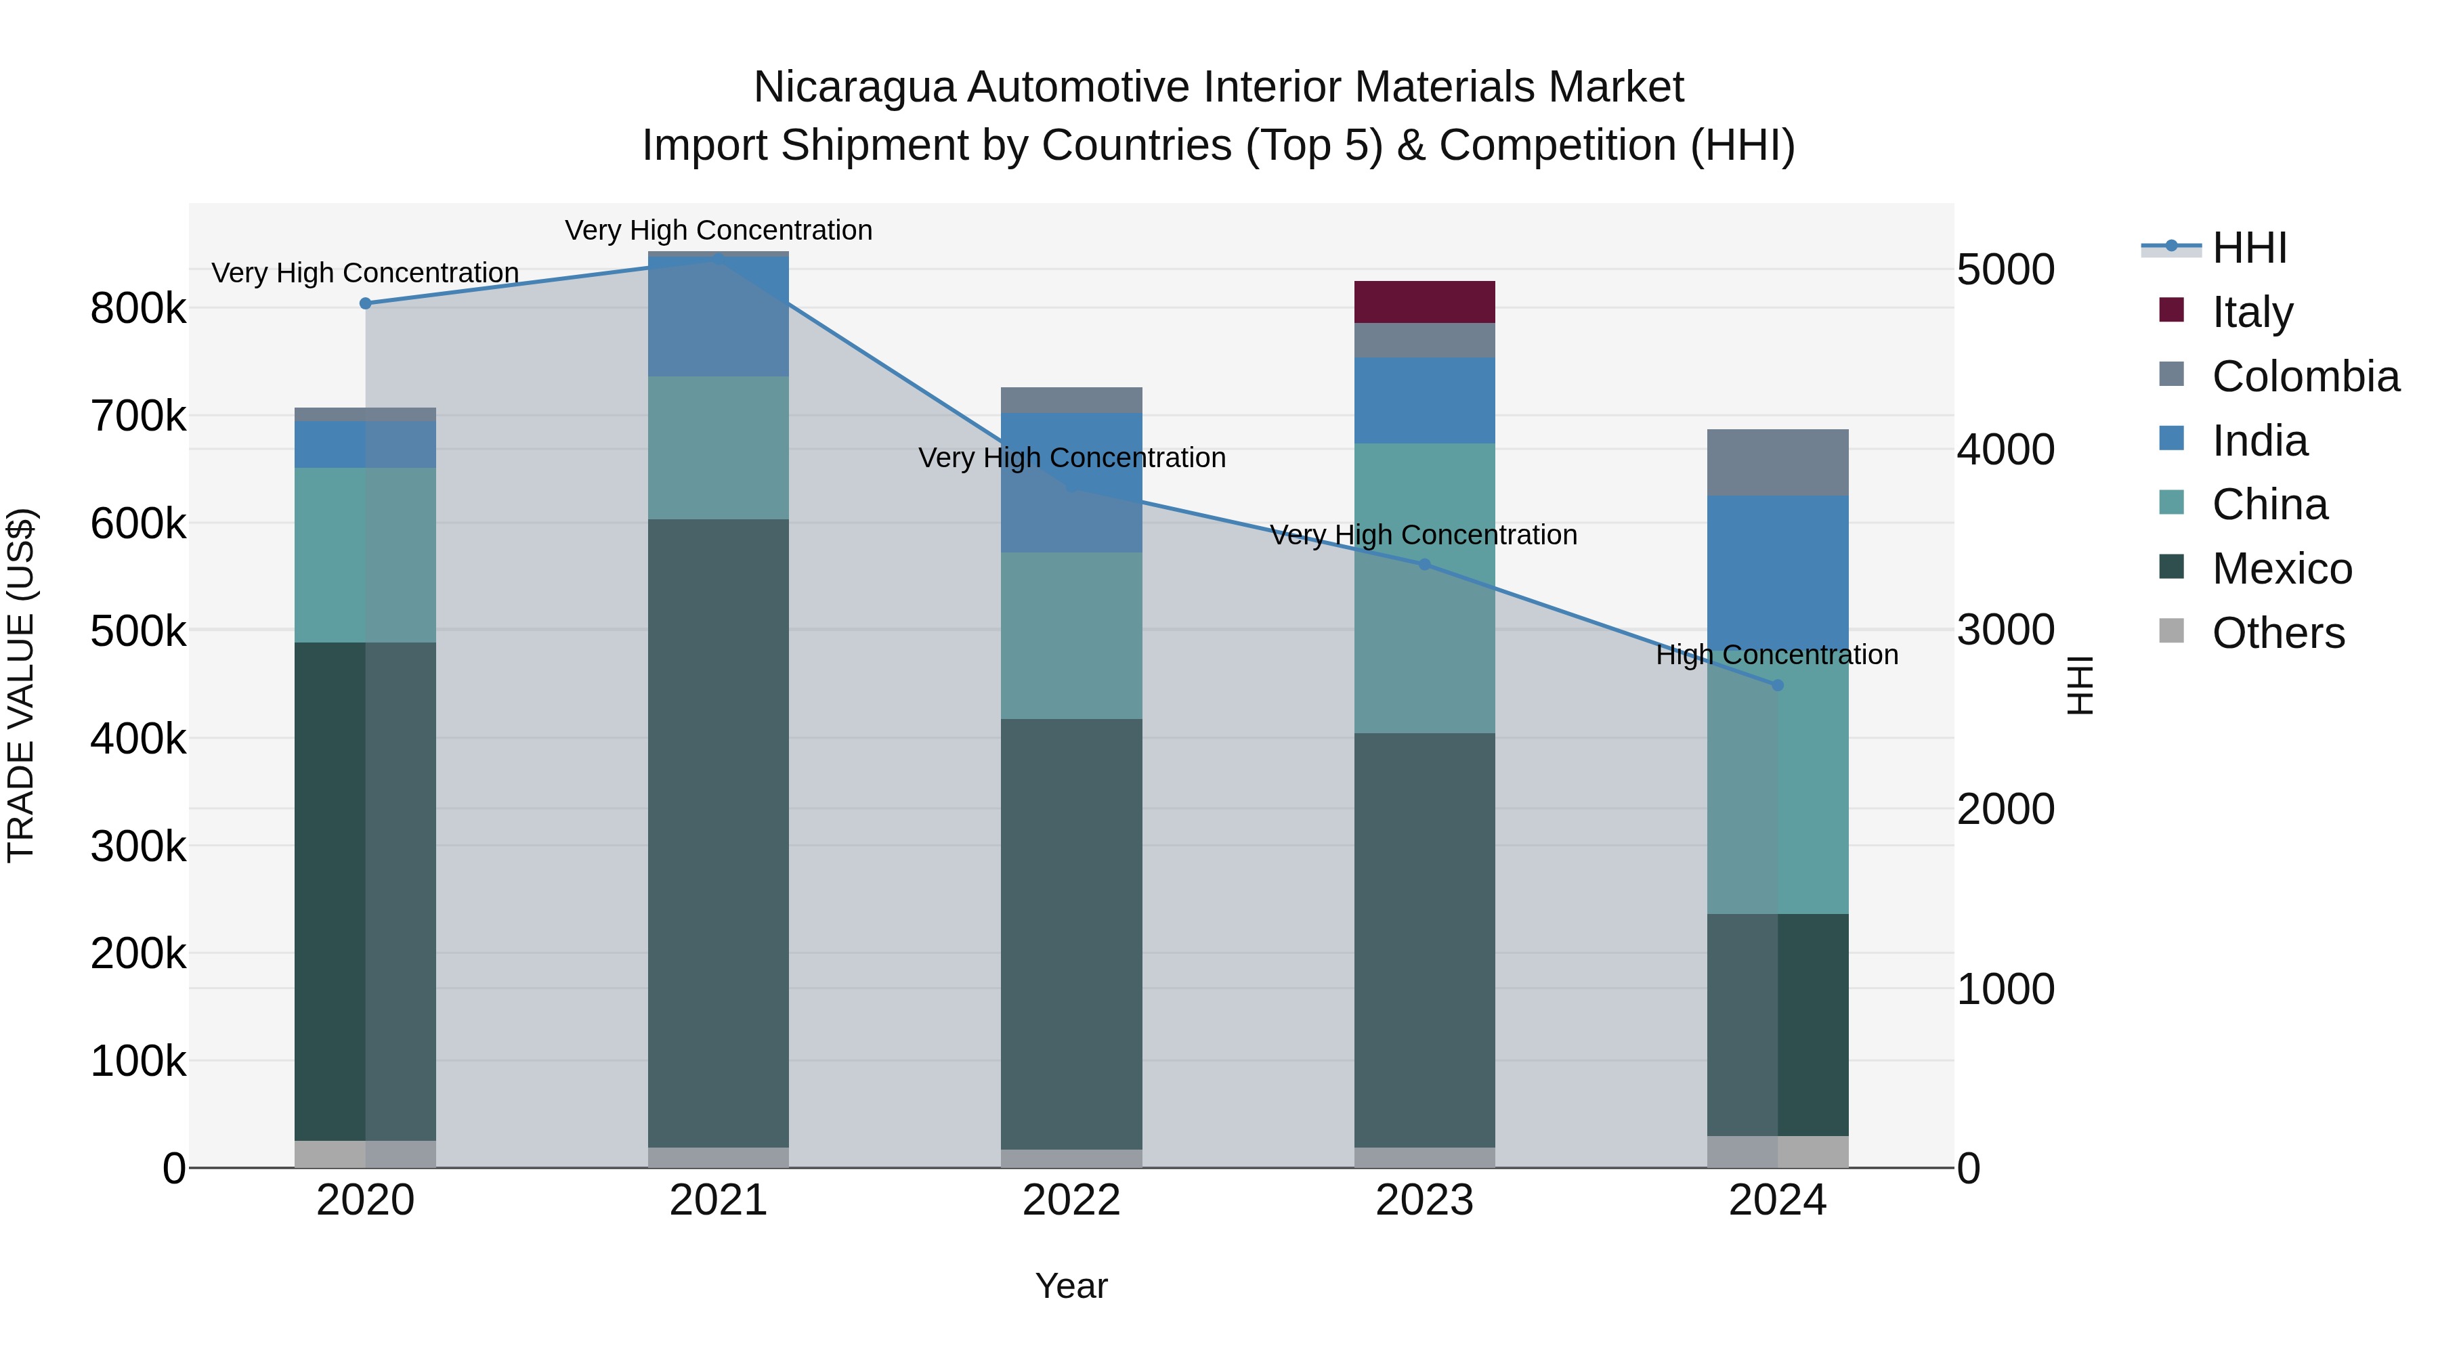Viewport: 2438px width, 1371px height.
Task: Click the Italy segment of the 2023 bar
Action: pos(1424,302)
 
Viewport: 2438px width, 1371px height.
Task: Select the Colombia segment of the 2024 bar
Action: pos(1778,462)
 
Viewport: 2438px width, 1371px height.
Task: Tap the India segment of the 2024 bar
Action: pos(1778,568)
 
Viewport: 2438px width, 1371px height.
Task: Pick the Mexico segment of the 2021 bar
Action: pos(719,833)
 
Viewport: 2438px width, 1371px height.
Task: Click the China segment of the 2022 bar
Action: pos(1071,635)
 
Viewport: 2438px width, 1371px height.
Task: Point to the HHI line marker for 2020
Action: pos(365,304)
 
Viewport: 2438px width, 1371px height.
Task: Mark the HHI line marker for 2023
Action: pos(1424,565)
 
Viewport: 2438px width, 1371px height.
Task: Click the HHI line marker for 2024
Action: pos(1778,685)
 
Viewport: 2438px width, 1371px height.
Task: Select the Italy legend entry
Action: pos(2252,311)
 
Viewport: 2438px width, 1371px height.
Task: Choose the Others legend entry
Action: pos(2278,633)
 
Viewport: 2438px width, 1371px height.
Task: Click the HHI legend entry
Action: pos(2248,248)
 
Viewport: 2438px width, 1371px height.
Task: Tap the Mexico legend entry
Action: pos(2282,569)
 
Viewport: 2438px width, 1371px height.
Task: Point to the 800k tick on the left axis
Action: pos(138,309)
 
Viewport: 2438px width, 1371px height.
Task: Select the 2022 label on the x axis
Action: pos(1071,1200)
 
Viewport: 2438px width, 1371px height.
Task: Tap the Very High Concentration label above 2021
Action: pos(719,230)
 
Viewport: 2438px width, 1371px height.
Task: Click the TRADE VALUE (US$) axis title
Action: pos(22,685)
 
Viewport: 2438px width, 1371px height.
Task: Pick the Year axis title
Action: pos(1071,1286)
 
